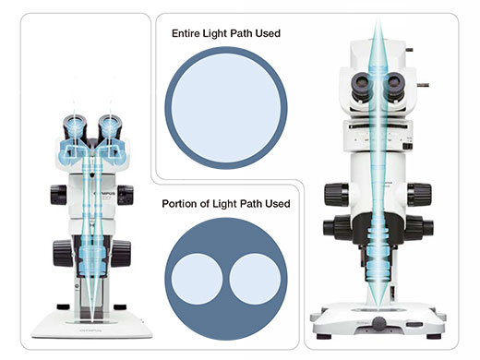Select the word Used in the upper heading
tap(268, 33)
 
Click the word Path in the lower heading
tap(251, 204)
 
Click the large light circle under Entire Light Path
tap(226, 108)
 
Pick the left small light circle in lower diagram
tap(197, 279)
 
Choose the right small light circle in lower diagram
tap(255, 279)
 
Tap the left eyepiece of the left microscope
tap(75, 126)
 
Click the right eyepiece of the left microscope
tap(110, 126)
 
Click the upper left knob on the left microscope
tap(58, 195)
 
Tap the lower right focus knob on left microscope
tap(121, 254)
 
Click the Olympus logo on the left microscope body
tap(105, 194)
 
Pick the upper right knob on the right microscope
tap(420, 195)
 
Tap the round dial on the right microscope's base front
tap(379, 324)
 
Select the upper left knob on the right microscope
tap(337, 195)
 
